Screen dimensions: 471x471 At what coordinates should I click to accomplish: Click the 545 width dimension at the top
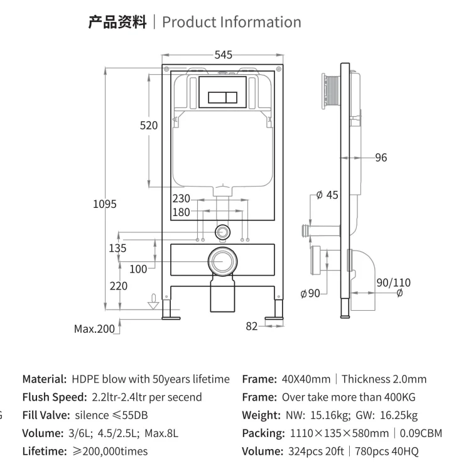(x=223, y=55)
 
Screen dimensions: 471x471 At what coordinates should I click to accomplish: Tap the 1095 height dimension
(x=104, y=204)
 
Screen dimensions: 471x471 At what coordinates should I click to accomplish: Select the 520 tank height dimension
(x=149, y=126)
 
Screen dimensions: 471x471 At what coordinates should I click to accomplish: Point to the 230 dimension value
(x=181, y=198)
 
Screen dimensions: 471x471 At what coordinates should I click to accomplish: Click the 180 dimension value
(x=181, y=212)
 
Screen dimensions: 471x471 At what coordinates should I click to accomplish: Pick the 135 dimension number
(x=117, y=248)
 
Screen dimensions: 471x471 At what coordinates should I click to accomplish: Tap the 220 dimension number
(x=118, y=286)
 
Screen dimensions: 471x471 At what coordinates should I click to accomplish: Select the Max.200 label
(x=94, y=328)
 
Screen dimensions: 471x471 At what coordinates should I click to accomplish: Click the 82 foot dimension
(x=252, y=326)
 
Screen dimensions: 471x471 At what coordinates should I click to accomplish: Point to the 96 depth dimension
(x=381, y=158)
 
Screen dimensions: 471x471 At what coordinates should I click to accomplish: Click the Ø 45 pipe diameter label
(x=327, y=195)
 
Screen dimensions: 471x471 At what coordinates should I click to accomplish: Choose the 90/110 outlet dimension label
(x=393, y=283)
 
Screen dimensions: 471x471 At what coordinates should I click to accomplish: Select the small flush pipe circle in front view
(x=221, y=231)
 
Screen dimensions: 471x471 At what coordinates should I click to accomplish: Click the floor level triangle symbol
(x=151, y=305)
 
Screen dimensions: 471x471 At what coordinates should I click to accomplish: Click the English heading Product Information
(x=231, y=22)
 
